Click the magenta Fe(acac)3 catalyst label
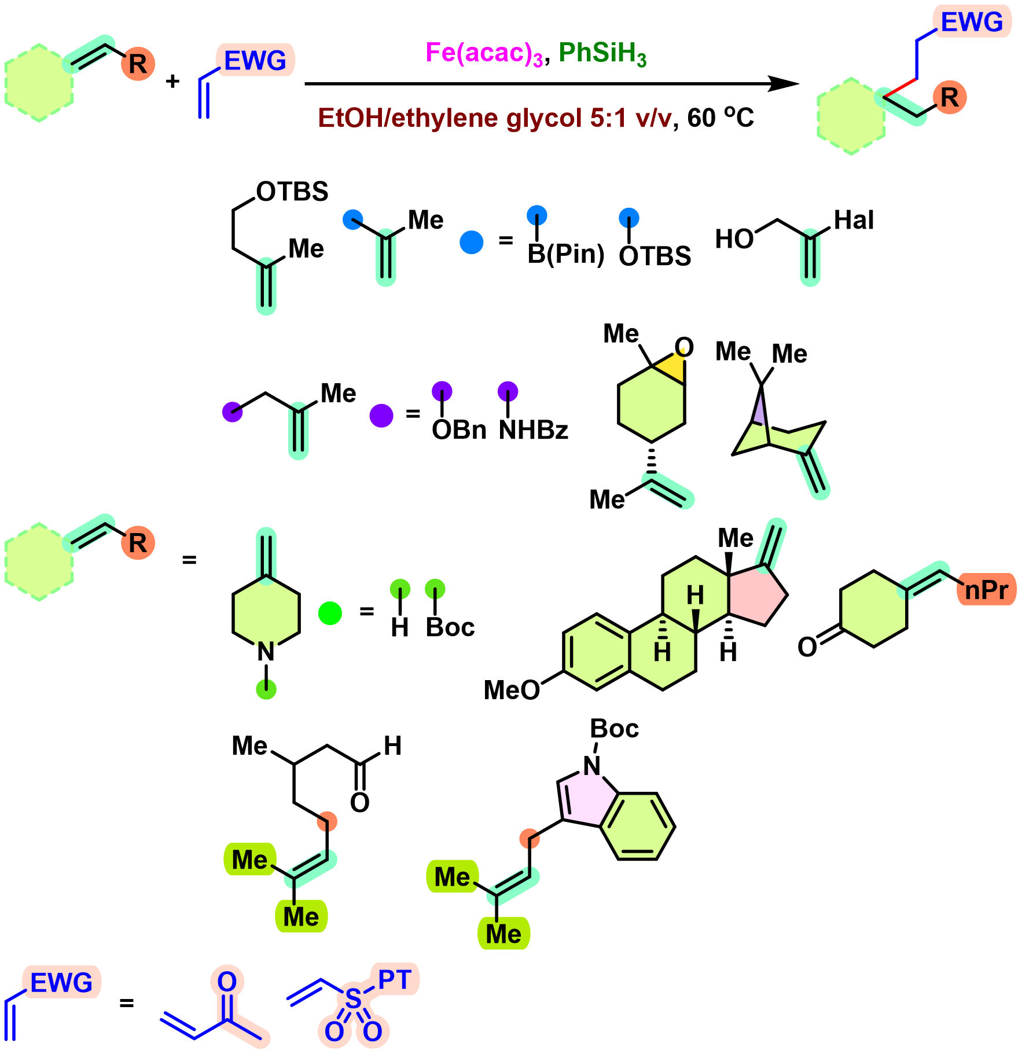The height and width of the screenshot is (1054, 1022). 484,54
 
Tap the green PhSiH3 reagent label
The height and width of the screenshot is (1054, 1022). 602,54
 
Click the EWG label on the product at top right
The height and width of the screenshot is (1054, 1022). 972,23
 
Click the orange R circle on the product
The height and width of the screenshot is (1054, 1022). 950,97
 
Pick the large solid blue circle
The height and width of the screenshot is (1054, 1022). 472,243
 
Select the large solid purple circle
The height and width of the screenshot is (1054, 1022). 381,416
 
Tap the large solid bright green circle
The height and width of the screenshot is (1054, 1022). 330,613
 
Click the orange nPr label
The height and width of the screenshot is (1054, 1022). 987,590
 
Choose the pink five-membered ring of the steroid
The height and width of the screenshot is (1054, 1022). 755,594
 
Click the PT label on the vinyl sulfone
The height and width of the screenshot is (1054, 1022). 395,979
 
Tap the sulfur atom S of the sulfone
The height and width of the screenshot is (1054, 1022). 353,999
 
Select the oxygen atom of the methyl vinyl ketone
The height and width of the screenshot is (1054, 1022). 227,982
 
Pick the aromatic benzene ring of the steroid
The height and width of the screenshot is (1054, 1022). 597,652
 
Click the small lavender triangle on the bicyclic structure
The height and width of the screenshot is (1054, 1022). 759,411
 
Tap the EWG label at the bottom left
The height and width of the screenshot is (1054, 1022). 61,983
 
